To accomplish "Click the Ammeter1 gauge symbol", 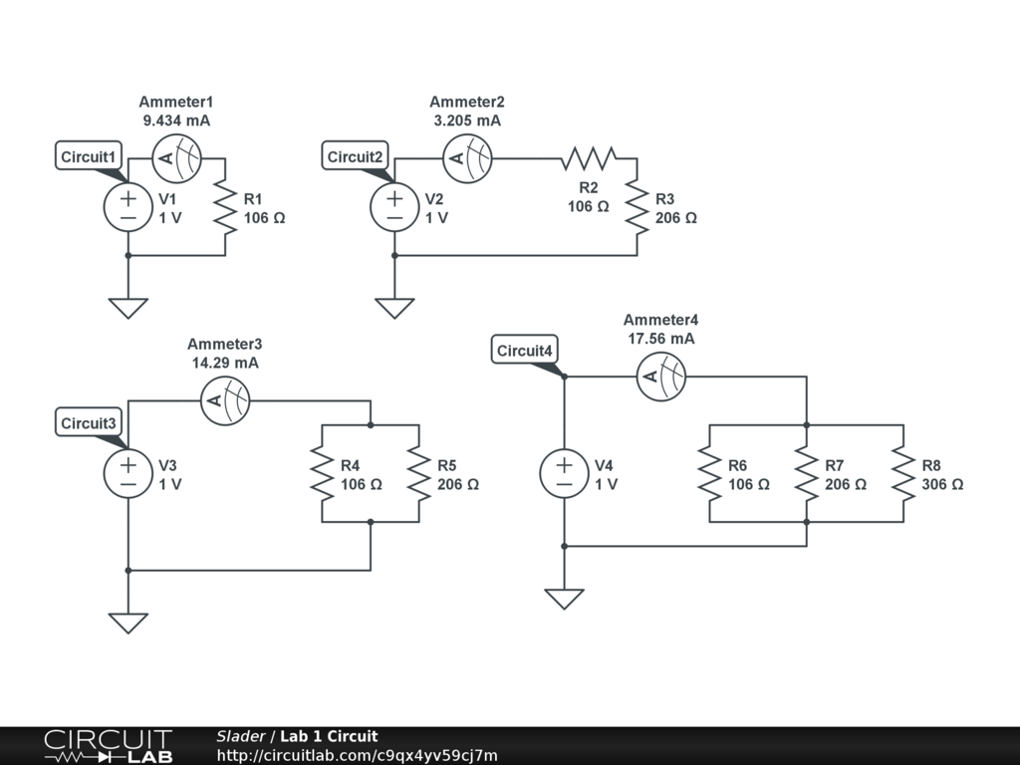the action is click(176, 158).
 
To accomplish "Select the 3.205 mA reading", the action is click(467, 121).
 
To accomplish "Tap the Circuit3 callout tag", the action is click(89, 423).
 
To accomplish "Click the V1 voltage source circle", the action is click(128, 207).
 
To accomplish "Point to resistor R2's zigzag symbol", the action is click(589, 158).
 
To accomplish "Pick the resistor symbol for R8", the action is click(903, 473).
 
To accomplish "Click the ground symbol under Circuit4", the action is click(564, 599).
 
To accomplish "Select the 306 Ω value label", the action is click(942, 485).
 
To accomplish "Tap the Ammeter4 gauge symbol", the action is click(661, 377).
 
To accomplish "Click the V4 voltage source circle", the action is click(564, 473).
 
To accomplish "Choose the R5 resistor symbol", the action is click(419, 473).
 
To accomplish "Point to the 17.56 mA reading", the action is click(661, 339).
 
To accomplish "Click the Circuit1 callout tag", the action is click(89, 156).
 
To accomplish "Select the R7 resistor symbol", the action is click(807, 473).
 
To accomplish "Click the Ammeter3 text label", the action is click(225, 344).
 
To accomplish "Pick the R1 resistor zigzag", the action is click(225, 207).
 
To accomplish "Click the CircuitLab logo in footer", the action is click(108, 746).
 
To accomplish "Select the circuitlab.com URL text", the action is click(358, 755).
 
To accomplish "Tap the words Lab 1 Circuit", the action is click(329, 736).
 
